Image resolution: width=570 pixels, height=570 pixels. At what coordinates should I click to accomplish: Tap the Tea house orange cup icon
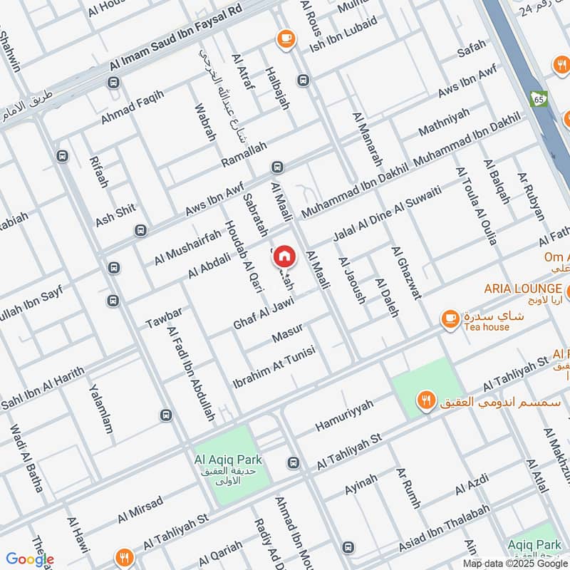[450, 319]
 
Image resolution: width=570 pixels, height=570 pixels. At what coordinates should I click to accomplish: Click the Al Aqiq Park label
[230, 460]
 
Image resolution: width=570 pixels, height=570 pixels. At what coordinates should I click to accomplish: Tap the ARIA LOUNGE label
[522, 289]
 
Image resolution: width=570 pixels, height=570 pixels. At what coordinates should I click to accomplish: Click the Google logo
[29, 559]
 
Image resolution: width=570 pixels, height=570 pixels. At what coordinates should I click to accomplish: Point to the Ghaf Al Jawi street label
[264, 314]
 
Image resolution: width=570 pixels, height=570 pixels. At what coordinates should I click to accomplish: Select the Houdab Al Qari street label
[244, 256]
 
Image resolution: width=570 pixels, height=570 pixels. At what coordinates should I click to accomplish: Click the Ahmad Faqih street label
[132, 107]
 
